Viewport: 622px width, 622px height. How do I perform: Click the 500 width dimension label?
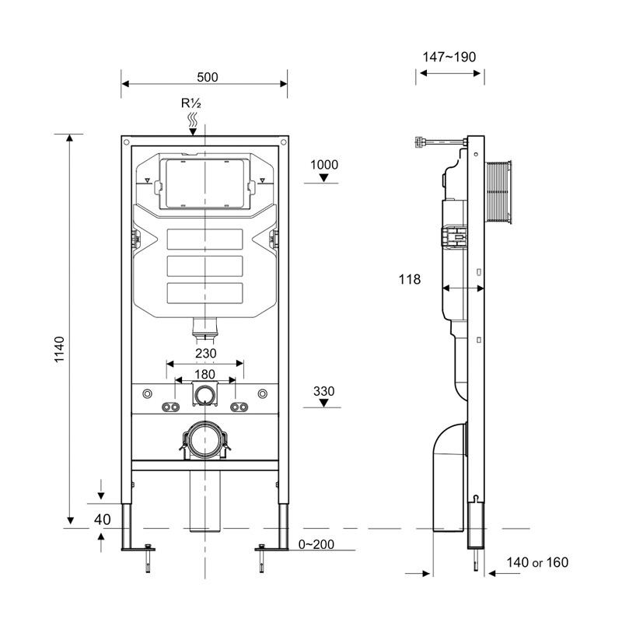point(207,77)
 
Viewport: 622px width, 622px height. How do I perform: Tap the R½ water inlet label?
point(191,103)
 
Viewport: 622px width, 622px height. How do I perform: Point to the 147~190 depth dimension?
point(449,57)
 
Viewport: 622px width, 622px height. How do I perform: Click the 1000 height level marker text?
point(323,164)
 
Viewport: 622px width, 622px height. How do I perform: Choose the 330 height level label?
point(323,390)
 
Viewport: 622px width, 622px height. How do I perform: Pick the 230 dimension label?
point(205,354)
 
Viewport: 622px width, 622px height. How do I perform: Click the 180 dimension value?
point(205,373)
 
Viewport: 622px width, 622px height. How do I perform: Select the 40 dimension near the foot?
point(102,519)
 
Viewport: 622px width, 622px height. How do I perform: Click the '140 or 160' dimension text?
point(536,562)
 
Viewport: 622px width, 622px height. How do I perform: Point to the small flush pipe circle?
point(205,395)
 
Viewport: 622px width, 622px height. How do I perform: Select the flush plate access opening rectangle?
point(205,183)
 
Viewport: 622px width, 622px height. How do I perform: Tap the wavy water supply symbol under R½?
point(193,121)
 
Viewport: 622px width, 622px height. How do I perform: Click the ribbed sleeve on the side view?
point(499,190)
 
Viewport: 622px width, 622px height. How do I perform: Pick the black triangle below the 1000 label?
point(324,179)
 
